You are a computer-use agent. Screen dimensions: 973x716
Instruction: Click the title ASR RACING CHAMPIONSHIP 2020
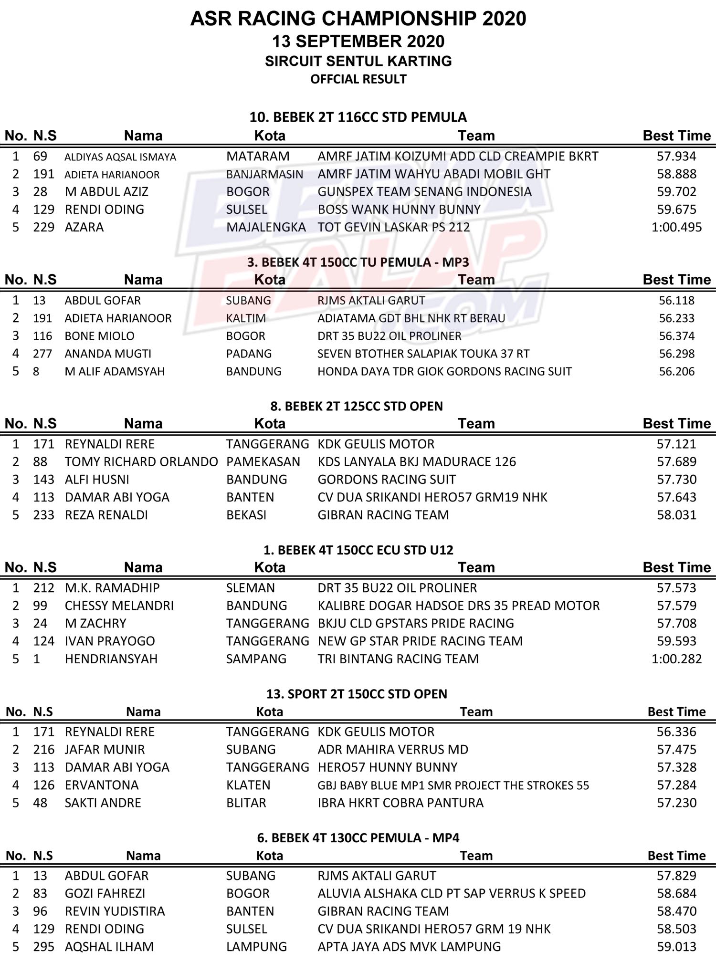click(358, 19)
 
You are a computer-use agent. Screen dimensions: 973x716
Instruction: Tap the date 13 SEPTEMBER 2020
click(358, 42)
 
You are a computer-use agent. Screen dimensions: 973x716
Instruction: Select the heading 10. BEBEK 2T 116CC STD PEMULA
click(358, 117)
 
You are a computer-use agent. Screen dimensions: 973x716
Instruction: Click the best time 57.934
click(676, 156)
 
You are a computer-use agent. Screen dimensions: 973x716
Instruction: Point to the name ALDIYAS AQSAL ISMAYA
click(120, 157)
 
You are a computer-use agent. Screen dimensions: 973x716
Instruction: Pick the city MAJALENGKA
click(266, 227)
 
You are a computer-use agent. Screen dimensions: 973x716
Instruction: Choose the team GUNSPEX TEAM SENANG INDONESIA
click(424, 192)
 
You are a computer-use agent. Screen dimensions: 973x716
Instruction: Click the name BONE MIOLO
click(99, 336)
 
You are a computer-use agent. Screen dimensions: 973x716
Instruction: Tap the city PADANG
click(249, 354)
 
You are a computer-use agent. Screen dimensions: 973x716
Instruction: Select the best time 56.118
click(676, 301)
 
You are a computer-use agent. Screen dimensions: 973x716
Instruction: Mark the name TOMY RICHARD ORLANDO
click(141, 462)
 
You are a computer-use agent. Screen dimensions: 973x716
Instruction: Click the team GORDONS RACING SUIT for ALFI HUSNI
click(387, 480)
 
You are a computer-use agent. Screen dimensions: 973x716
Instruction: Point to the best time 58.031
click(676, 515)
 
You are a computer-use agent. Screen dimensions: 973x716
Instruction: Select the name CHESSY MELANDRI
click(119, 606)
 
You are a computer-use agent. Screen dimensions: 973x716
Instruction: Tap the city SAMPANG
click(256, 659)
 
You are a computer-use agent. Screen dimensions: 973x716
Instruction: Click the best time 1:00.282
click(676, 659)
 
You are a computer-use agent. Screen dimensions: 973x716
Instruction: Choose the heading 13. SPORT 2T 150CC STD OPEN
click(357, 694)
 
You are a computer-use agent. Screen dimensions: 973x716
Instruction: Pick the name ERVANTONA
click(102, 785)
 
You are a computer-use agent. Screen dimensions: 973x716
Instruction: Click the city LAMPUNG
click(256, 947)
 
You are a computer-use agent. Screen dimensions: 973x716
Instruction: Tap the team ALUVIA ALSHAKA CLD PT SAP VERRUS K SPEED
click(452, 893)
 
